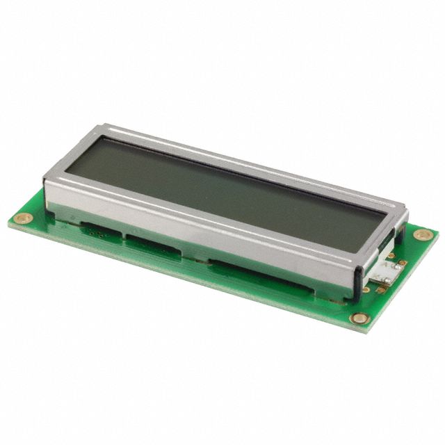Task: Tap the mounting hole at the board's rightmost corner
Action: (x=423, y=234)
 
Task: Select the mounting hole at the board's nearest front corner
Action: (x=359, y=318)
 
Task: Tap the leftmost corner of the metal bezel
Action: (x=44, y=179)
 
